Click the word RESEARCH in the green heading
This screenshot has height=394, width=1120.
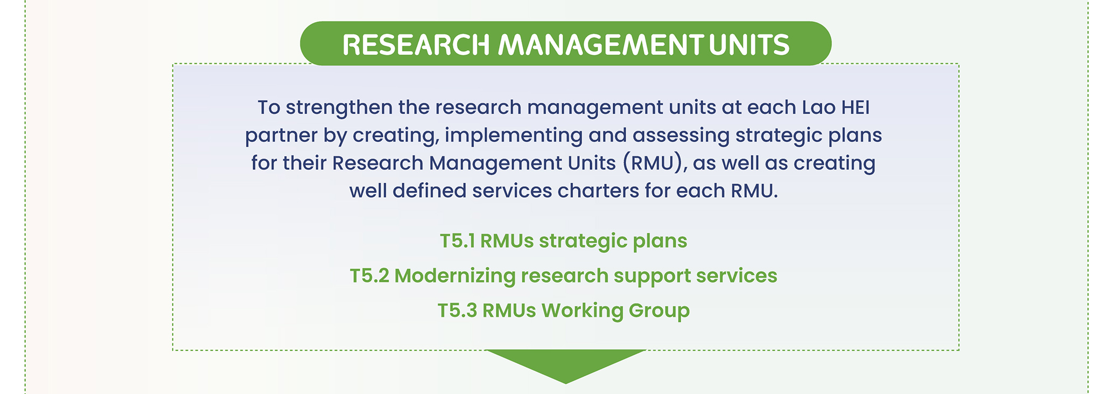tap(416, 45)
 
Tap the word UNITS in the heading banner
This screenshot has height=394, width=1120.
tap(749, 45)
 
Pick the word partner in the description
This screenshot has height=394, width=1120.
tap(281, 136)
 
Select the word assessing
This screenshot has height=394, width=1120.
tap(681, 136)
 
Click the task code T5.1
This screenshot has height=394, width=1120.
tap(457, 241)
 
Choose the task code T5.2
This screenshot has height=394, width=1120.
tap(369, 276)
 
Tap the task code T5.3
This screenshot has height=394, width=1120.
tap(457, 310)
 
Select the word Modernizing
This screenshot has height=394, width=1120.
tap(455, 277)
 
